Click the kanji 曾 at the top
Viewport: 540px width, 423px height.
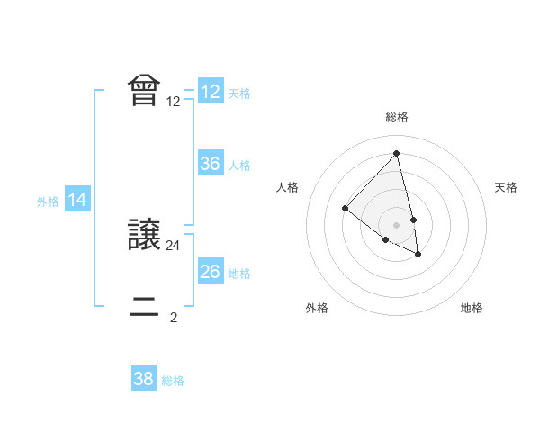coord(145,91)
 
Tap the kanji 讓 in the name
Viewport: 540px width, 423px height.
coord(145,236)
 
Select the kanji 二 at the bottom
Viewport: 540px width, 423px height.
coord(145,312)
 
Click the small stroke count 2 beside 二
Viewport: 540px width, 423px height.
coord(174,317)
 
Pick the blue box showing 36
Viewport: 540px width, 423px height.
coord(211,164)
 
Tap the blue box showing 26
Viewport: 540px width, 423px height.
coord(211,272)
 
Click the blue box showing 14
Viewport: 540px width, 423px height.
coord(77,200)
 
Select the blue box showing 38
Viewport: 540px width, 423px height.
coord(144,379)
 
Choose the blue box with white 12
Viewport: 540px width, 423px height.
coord(211,92)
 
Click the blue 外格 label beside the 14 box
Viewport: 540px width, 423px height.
coord(48,202)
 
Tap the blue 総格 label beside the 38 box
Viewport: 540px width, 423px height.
coord(173,381)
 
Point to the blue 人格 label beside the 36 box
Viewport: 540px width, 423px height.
coord(239,166)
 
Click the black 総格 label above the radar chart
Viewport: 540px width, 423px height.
coord(397,117)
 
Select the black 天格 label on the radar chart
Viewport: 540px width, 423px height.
coord(506,187)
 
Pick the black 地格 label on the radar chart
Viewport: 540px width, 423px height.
coord(472,308)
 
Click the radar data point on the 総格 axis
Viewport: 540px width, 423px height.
coord(397,153)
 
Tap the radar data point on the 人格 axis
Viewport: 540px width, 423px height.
coord(345,209)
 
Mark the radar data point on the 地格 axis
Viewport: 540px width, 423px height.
coord(418,255)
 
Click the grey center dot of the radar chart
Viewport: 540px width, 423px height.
coord(397,225)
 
